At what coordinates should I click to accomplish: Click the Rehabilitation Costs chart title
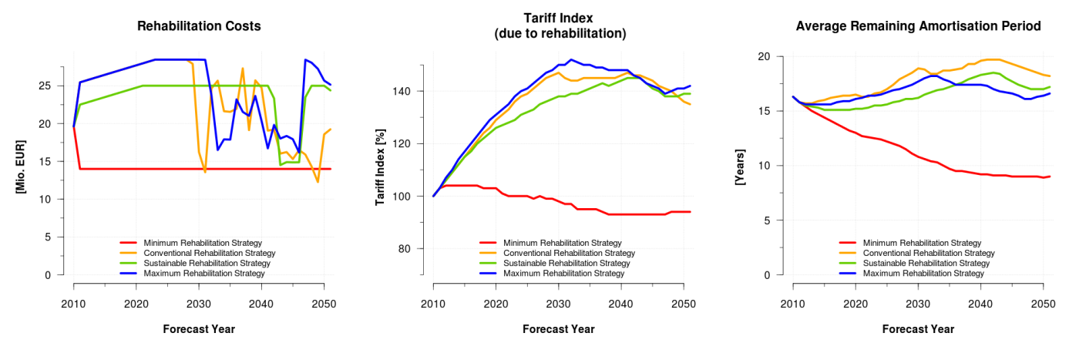pos(199,26)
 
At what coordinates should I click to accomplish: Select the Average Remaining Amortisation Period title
pos(918,26)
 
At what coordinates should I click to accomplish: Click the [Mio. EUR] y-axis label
pos(22,167)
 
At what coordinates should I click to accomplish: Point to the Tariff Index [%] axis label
pos(380,167)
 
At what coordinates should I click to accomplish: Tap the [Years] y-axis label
pos(740,167)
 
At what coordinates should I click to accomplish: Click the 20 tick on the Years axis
pos(766,57)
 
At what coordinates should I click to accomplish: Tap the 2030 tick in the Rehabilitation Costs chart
pos(199,301)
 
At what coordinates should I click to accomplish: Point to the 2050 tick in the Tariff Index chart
pos(683,301)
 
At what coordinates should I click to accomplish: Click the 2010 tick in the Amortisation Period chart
pos(793,301)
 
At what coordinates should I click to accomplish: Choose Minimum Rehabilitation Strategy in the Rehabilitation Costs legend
pos(203,244)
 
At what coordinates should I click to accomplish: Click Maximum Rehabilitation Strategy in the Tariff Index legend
pos(563,274)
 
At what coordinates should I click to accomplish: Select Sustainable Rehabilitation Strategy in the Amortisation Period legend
pos(926,264)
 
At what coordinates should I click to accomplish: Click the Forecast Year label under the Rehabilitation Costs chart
pos(199,329)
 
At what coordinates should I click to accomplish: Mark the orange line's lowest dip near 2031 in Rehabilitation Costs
pos(205,172)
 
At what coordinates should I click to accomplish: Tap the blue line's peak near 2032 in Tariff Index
pos(570,59)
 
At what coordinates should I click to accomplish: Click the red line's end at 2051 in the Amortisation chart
pos(1049,177)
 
